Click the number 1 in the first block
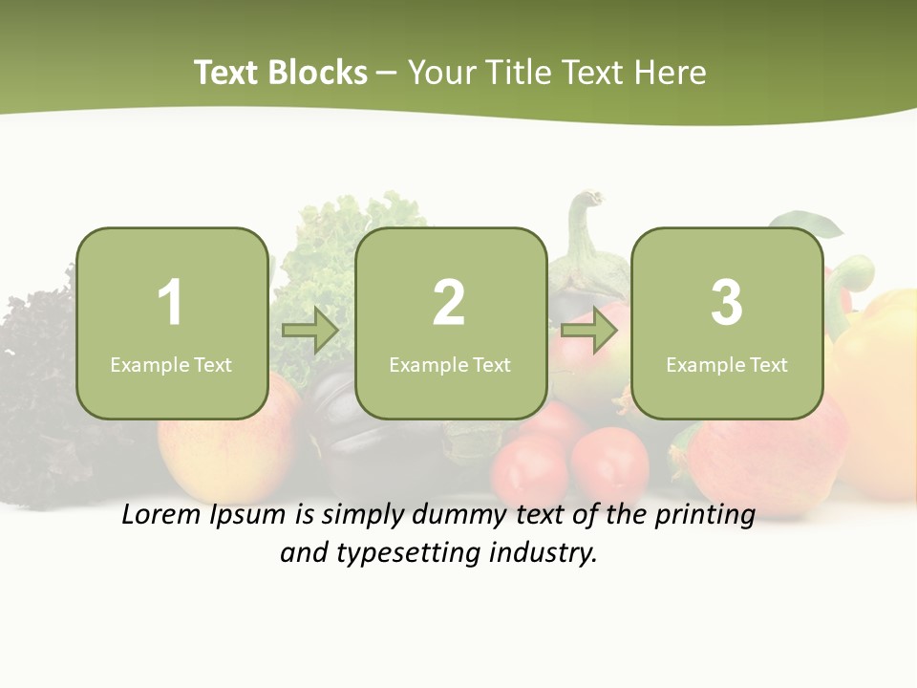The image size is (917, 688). pyautogui.click(x=170, y=303)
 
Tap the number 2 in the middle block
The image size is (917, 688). pyautogui.click(x=449, y=303)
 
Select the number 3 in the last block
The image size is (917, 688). pyautogui.click(x=727, y=303)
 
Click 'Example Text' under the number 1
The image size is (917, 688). pyautogui.click(x=171, y=365)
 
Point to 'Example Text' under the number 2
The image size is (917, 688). pyautogui.click(x=450, y=365)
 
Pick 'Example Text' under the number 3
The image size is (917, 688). pyautogui.click(x=727, y=365)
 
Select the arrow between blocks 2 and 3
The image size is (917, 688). pyautogui.click(x=589, y=331)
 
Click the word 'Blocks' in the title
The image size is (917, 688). pyautogui.click(x=318, y=73)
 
